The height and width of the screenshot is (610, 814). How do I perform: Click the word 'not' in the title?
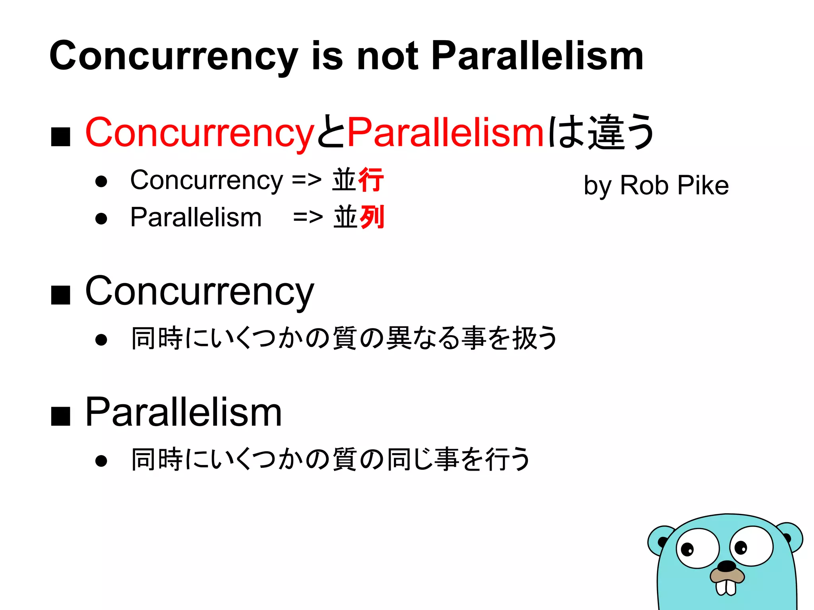(388, 56)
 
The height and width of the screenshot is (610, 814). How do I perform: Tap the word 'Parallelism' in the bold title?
(537, 56)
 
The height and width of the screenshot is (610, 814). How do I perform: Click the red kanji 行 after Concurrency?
(371, 180)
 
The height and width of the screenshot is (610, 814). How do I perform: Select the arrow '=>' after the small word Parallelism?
(308, 218)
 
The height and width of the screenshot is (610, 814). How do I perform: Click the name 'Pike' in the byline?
(703, 185)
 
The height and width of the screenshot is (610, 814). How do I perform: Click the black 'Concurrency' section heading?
(200, 292)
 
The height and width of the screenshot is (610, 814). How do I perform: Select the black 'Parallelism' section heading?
(184, 413)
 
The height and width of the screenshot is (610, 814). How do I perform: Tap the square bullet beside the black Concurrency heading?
(61, 295)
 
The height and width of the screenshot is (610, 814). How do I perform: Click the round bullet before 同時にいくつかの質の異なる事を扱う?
(101, 340)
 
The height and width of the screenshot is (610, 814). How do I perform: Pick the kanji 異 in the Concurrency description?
(399, 338)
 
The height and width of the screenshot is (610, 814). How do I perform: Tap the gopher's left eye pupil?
(687, 550)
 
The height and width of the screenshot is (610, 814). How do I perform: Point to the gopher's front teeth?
(726, 588)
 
